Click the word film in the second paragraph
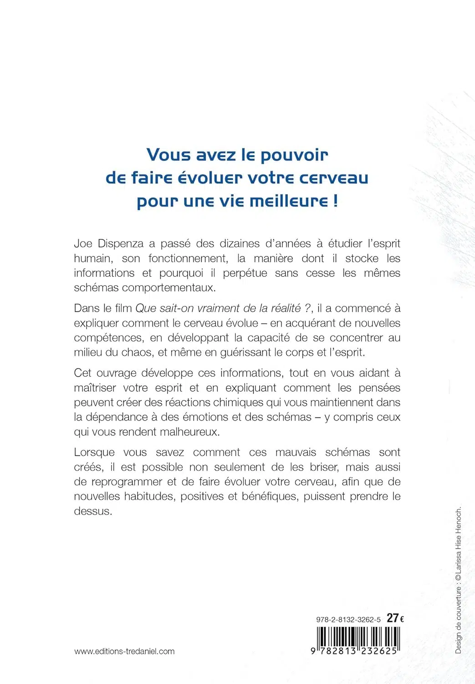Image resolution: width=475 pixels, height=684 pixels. (x=123, y=308)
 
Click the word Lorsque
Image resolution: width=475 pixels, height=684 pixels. (x=94, y=452)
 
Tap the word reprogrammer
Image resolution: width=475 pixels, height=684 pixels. (x=127, y=482)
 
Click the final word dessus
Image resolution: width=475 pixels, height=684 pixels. (x=92, y=511)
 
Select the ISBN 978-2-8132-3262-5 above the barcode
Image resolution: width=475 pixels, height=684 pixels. (x=348, y=620)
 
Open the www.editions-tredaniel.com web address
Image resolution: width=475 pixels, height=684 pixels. (x=124, y=651)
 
